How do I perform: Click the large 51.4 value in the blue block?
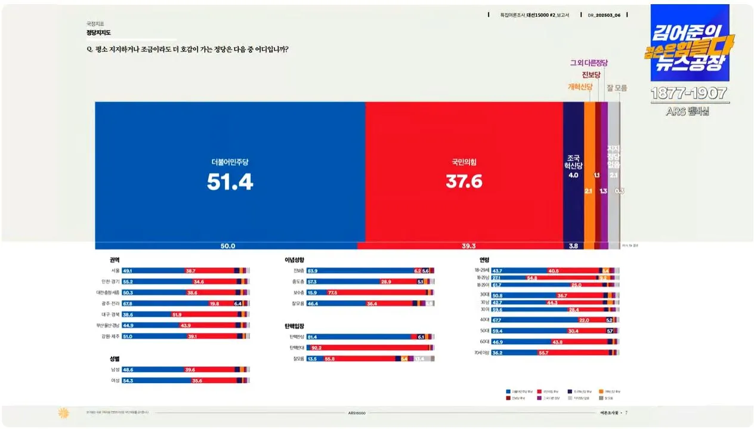[230, 182]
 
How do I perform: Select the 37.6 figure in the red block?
[463, 181]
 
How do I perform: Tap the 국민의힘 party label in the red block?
[463, 162]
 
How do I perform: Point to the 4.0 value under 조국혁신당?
[573, 175]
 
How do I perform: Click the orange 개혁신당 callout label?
[580, 87]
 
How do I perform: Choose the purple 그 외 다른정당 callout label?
[589, 63]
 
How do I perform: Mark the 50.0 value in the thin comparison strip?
[228, 246]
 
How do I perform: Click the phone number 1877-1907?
[689, 94]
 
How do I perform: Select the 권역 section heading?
[115, 260]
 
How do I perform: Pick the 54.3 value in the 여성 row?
[127, 380]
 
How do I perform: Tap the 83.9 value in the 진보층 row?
[312, 271]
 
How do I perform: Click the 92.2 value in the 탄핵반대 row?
[317, 347]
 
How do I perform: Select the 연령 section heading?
[484, 260]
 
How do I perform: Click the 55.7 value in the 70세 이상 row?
[543, 353]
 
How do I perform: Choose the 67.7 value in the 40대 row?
[496, 320]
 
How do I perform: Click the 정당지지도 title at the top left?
[98, 33]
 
